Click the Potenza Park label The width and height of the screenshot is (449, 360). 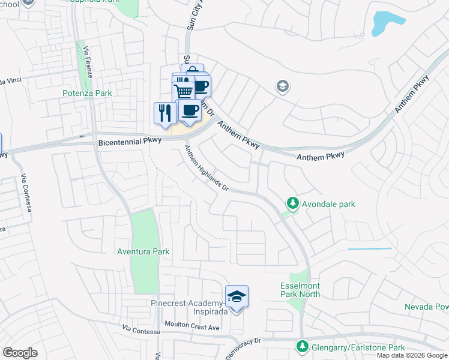[x=87, y=93]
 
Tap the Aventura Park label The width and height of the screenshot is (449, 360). [x=143, y=251]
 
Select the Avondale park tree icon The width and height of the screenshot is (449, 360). [x=292, y=203]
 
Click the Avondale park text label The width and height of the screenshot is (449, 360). [x=329, y=204]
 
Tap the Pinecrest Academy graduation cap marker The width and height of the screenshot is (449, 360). [x=237, y=296]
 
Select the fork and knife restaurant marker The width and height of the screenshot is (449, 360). [x=164, y=113]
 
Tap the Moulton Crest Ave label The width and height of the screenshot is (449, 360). [x=193, y=328]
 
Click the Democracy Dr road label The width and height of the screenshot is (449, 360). [x=243, y=348]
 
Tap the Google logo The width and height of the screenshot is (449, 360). [x=20, y=353]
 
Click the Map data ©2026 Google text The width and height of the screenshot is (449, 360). [x=412, y=355]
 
